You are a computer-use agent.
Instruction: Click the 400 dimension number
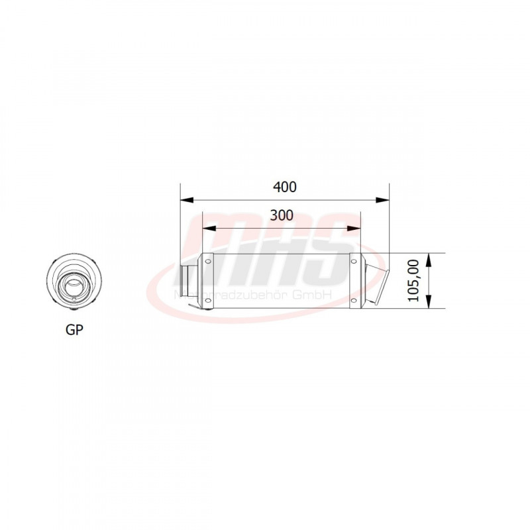click(x=284, y=187)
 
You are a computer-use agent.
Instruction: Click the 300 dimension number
click(x=282, y=215)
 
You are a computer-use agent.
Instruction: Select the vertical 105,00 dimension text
click(x=413, y=281)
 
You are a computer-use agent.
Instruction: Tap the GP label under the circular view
click(x=75, y=329)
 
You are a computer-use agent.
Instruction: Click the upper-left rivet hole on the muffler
click(x=208, y=262)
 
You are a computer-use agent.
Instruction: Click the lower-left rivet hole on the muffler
click(x=208, y=301)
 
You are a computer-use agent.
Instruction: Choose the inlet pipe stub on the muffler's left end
click(x=189, y=282)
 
